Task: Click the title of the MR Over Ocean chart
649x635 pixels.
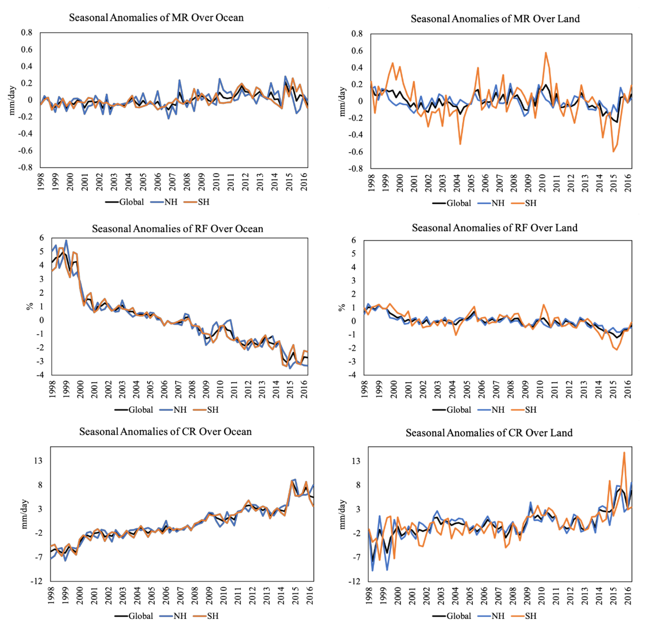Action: click(156, 18)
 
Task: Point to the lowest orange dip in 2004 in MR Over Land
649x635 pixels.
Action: click(460, 144)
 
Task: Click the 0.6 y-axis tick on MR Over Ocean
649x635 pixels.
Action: click(27, 50)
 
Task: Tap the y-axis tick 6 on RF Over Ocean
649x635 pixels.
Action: click(42, 238)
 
